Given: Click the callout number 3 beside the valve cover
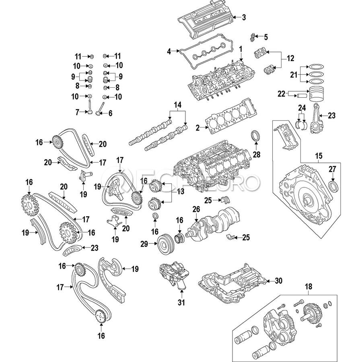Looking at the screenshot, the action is (x=244, y=17).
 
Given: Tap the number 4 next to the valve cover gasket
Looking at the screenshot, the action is (x=169, y=51).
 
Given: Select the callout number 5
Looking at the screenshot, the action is (x=266, y=37).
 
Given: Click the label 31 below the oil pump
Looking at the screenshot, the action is (x=181, y=302).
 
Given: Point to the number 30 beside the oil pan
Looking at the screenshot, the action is (x=279, y=281).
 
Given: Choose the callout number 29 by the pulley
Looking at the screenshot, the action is (x=144, y=244).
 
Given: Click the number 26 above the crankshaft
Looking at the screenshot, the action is (x=196, y=210).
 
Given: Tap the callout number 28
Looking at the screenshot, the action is (x=257, y=154).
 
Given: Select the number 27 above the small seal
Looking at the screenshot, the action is (x=333, y=169).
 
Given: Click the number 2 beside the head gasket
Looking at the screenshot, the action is (x=197, y=128).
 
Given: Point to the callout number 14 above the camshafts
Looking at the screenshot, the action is (x=177, y=105).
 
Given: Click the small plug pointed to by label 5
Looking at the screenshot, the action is (x=253, y=37).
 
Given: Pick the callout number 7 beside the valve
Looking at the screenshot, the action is (x=77, y=112).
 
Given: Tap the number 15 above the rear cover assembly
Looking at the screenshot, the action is (x=319, y=156).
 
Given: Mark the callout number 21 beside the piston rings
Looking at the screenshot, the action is (x=294, y=75).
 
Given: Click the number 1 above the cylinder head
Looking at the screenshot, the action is (x=241, y=49).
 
